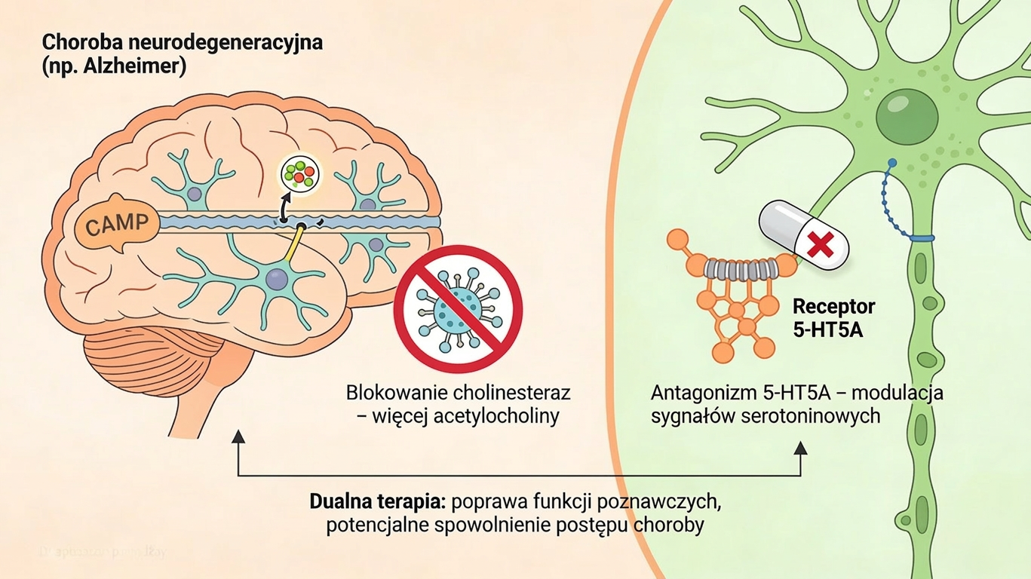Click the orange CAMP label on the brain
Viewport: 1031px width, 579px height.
(119, 224)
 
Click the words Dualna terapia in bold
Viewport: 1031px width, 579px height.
(369, 501)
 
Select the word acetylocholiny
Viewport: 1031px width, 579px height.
(497, 416)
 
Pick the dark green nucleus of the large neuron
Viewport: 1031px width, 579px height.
(907, 115)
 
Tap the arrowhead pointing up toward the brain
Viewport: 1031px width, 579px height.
(238, 437)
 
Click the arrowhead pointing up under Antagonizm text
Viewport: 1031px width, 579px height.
(800, 449)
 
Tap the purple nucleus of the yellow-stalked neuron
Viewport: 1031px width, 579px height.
(278, 280)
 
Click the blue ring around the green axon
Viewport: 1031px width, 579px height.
(921, 237)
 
